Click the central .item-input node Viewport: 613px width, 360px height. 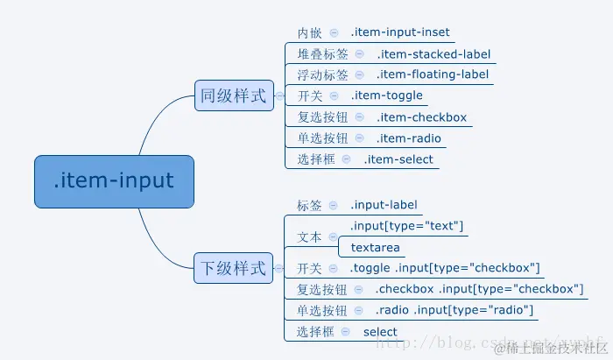pyautogui.click(x=114, y=181)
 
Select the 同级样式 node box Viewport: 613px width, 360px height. pyautogui.click(x=234, y=95)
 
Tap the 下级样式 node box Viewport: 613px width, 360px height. pyautogui.click(x=234, y=268)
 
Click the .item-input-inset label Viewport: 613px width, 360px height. pyautogui.click(x=400, y=32)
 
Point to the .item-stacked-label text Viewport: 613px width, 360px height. pyautogui.click(x=433, y=54)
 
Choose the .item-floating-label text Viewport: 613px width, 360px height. pyautogui.click(x=433, y=75)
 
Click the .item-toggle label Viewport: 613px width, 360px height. pyautogui.click(x=387, y=95)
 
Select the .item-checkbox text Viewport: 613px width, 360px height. pyautogui.click(x=422, y=117)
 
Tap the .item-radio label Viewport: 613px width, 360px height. pyautogui.click(x=409, y=138)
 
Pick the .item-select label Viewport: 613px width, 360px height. pyautogui.click(x=398, y=159)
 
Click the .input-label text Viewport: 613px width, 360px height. pyautogui.click(x=384, y=205)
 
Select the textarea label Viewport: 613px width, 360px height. pyautogui.click(x=376, y=248)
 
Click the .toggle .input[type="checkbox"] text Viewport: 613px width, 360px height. pyautogui.click(x=445, y=268)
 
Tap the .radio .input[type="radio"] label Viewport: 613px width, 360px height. pyautogui.click(x=454, y=311)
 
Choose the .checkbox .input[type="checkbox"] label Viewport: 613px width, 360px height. pyautogui.click(x=480, y=290)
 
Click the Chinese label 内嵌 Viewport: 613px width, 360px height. pyautogui.click(x=309, y=33)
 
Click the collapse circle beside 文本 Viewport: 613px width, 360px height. pyautogui.click(x=333, y=237)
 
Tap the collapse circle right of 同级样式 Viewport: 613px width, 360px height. pyautogui.click(x=279, y=95)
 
